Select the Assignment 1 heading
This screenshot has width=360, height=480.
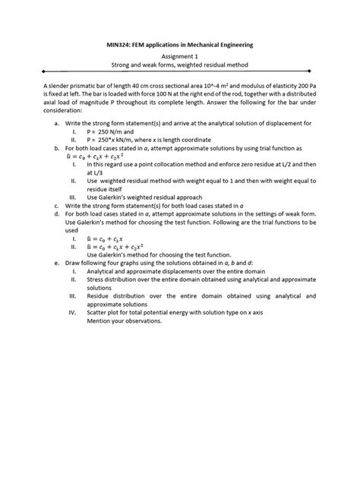tap(179, 58)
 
